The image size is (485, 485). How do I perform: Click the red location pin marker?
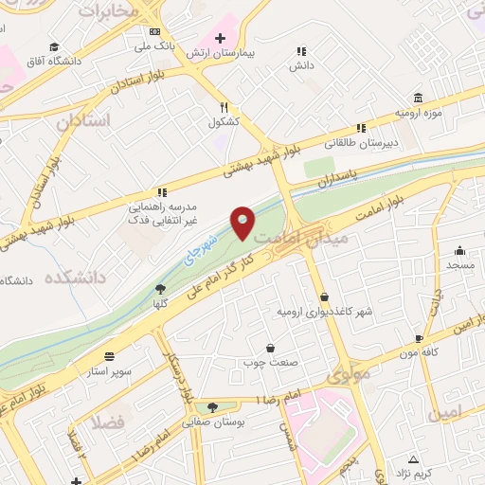(x=242, y=222)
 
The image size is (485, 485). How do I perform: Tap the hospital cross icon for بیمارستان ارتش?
(x=220, y=39)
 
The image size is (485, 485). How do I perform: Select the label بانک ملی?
(x=154, y=45)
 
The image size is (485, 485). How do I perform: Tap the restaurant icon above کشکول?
(x=225, y=107)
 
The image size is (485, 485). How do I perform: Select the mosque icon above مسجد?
(x=459, y=251)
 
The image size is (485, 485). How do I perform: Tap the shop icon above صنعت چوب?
(x=271, y=348)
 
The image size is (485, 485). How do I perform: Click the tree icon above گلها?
(x=160, y=289)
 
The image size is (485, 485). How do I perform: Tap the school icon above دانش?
(x=301, y=51)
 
